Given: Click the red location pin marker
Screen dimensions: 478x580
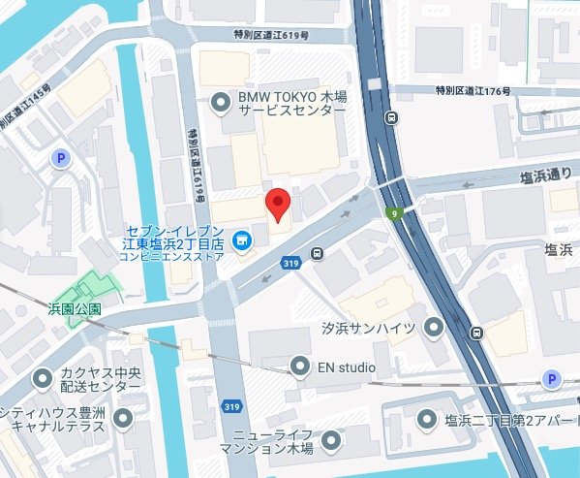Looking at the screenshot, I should tap(279, 205).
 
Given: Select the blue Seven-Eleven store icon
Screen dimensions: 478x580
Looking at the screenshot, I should tap(243, 239).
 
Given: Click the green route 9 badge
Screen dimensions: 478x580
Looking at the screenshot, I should tap(395, 213).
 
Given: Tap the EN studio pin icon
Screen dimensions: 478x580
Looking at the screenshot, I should tap(300, 366).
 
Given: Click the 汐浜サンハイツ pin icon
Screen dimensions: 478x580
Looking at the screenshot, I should tap(432, 329).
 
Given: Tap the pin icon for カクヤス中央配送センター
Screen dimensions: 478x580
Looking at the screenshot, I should tap(43, 377).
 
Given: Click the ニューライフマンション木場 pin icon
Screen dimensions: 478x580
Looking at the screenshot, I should tap(332, 441).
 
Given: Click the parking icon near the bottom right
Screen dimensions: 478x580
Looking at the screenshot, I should tap(551, 378).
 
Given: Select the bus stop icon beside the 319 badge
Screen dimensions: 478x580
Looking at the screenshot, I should tap(317, 255).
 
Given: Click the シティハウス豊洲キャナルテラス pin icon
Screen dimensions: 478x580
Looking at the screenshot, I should tap(123, 418).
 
